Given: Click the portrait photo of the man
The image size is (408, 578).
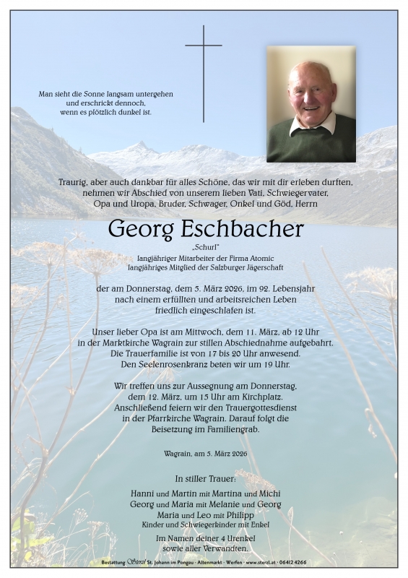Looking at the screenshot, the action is click(311, 104).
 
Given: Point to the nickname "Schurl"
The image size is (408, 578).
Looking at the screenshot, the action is click(204, 248).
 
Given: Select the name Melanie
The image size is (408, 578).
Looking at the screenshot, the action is click(220, 503).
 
